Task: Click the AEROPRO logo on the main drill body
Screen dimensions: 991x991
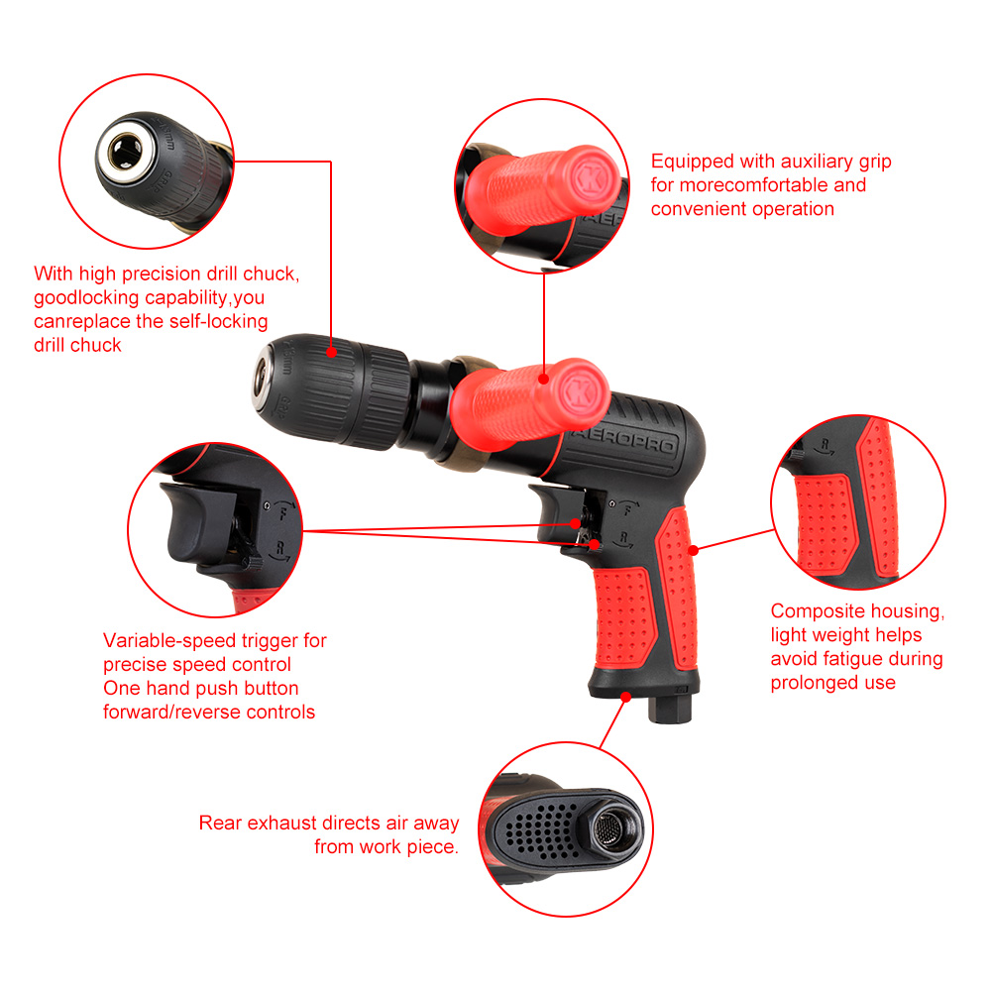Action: [624, 441]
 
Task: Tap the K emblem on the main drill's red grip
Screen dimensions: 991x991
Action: [580, 393]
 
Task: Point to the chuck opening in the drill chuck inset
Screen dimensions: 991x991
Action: [125, 153]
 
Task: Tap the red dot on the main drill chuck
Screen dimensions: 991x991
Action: [331, 352]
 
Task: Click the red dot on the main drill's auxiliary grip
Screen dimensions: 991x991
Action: [543, 380]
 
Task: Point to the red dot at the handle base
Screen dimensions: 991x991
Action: [625, 697]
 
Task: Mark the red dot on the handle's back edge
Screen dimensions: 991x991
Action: [694, 550]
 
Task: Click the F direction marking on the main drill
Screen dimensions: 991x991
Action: [628, 508]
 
